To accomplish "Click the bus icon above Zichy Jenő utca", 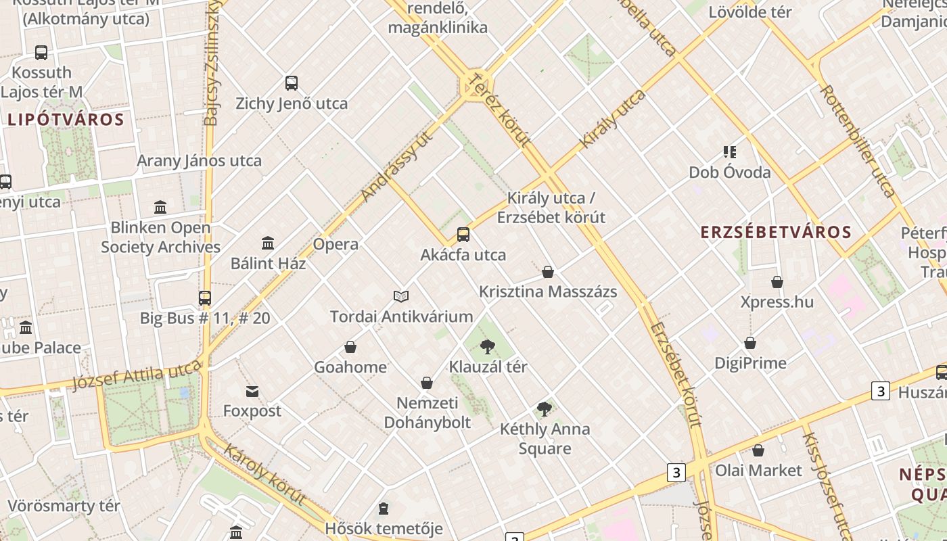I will (x=292, y=83).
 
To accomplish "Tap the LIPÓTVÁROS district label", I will (x=66, y=120).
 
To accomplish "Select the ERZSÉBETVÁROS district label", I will (x=776, y=233).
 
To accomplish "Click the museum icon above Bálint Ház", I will (x=268, y=243).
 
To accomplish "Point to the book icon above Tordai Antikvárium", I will (x=401, y=296).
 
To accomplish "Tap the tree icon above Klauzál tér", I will (x=487, y=348).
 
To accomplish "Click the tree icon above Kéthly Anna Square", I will (x=545, y=409).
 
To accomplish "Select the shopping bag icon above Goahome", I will (x=350, y=348).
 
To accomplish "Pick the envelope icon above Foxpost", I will (x=252, y=392).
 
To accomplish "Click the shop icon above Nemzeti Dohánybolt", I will (x=427, y=383).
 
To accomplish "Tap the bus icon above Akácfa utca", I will (x=463, y=235).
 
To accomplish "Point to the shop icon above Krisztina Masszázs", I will (x=548, y=272).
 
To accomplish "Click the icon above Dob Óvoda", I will (x=730, y=152).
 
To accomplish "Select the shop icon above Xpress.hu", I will (x=777, y=282).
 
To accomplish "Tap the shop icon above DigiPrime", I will (x=750, y=344).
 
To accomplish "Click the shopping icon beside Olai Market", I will (x=758, y=450).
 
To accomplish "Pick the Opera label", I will (x=336, y=244).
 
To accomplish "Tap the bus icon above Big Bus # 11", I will (x=205, y=298).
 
